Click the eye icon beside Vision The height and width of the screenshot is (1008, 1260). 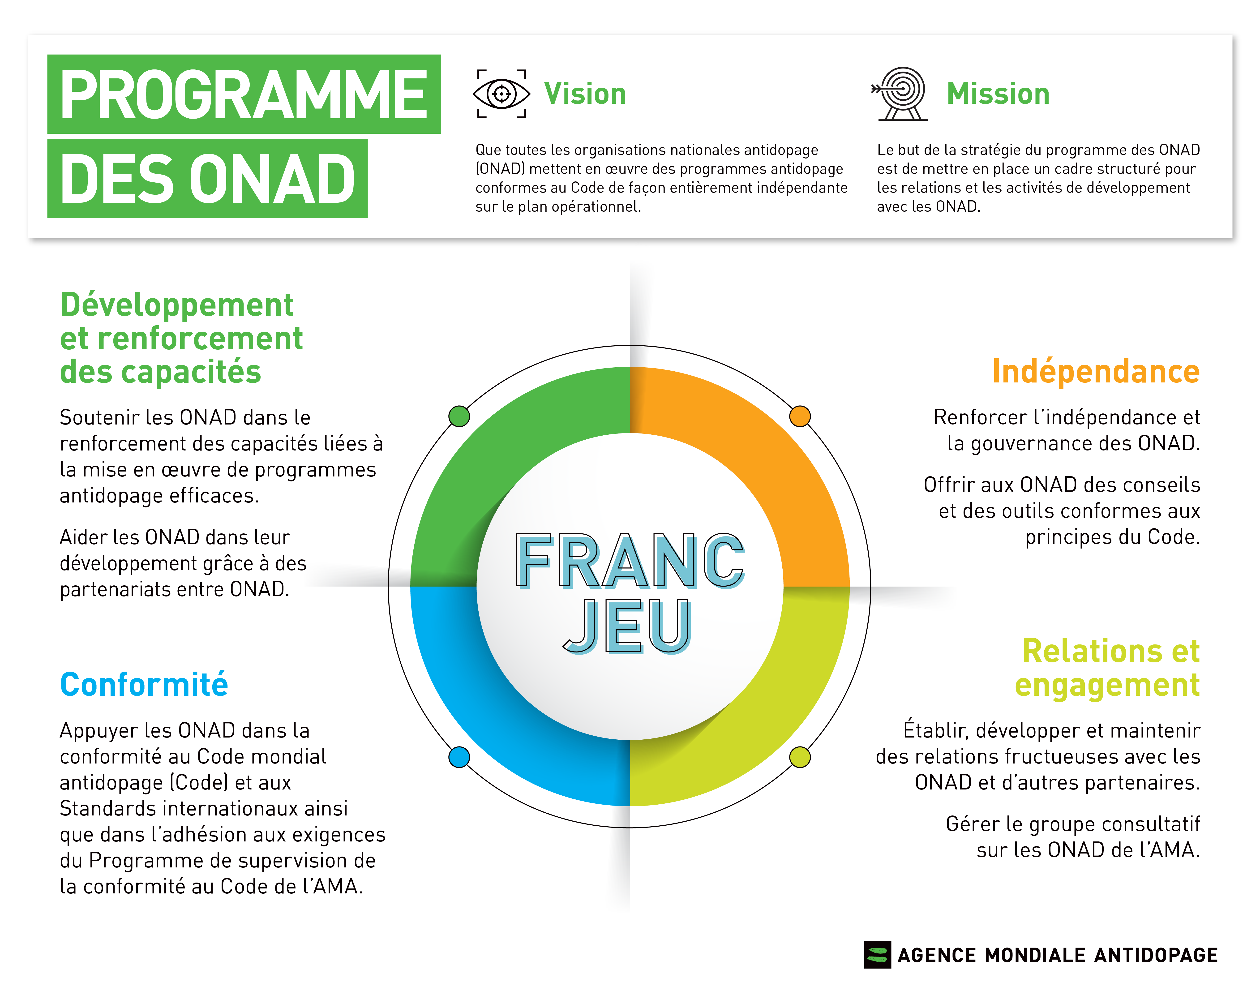click(501, 94)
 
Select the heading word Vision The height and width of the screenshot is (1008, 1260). click(585, 94)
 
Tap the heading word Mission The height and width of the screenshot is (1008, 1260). click(998, 94)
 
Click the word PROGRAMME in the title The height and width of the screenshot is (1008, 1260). click(244, 95)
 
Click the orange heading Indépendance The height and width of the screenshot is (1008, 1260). click(1096, 372)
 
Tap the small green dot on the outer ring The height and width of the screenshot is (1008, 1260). click(459, 416)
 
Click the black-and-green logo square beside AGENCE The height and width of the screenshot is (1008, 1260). click(877, 955)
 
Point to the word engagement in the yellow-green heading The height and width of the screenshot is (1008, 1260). click(1107, 685)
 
